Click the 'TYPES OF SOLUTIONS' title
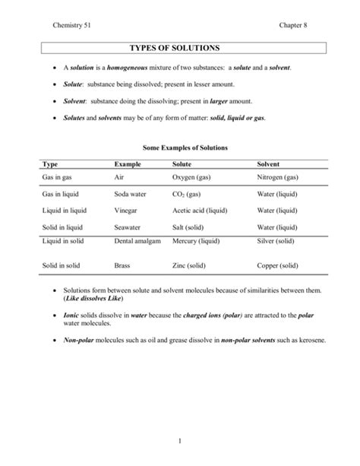179,48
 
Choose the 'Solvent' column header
269,164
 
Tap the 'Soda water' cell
129,194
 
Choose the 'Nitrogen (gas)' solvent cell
282,177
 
